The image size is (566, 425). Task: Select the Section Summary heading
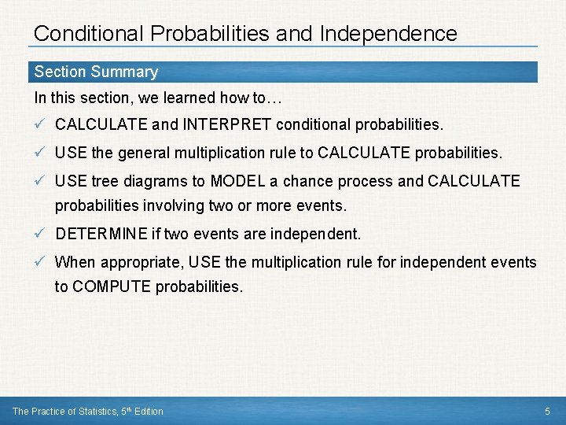click(x=96, y=72)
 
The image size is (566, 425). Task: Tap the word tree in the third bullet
click(x=104, y=181)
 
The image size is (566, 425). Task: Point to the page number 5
click(x=548, y=412)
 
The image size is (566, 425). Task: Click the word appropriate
click(x=134, y=262)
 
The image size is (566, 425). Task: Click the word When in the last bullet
click(x=72, y=262)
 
